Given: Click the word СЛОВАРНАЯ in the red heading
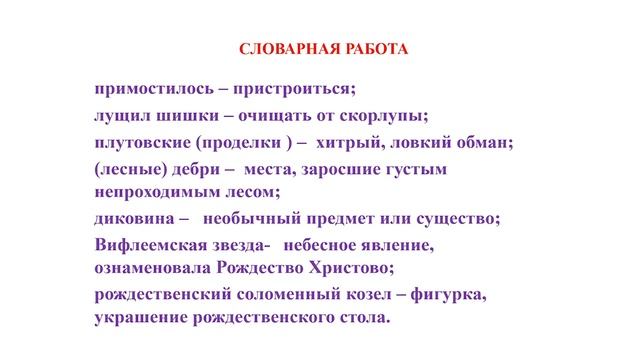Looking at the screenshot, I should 280,50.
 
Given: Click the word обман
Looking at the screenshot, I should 481,142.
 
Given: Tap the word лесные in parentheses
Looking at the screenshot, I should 130,170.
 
